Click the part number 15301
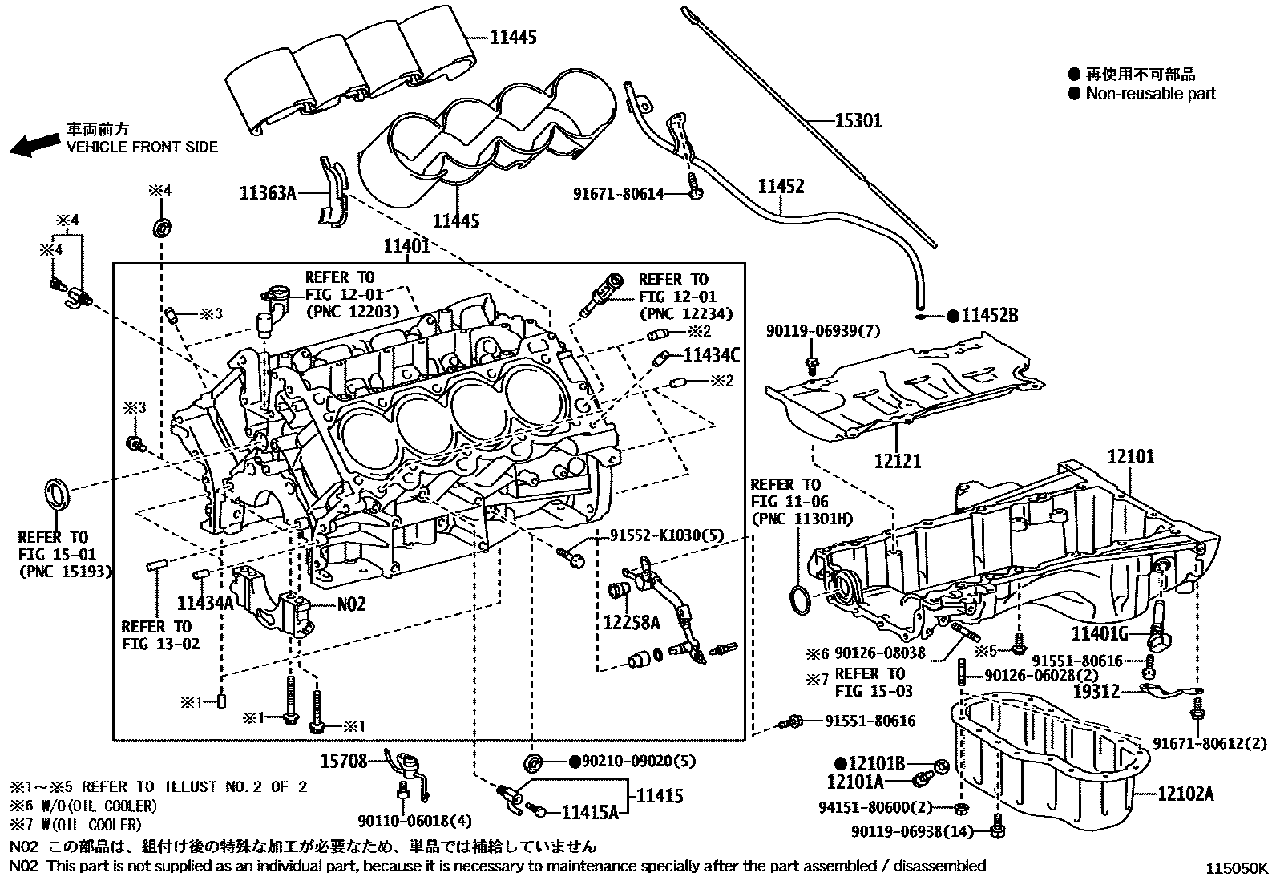[x=858, y=121]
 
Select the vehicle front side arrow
[x=34, y=144]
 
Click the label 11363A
[x=268, y=192]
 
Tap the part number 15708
[x=344, y=760]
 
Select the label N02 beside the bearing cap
[x=350, y=604]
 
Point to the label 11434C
[x=712, y=354]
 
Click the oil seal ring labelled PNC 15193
[x=56, y=491]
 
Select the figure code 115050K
[x=1239, y=868]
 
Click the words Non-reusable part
[x=1150, y=94]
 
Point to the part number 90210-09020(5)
[x=632, y=760]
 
